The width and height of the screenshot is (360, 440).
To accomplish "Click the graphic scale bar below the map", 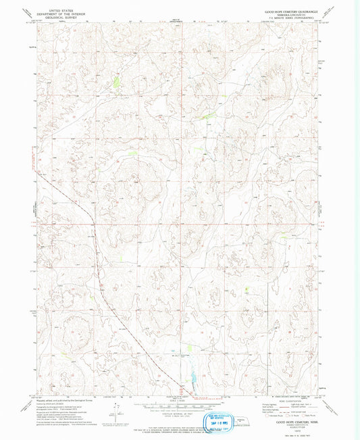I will pos(177,408).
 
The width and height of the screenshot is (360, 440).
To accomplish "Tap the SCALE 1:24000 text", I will pos(177,403).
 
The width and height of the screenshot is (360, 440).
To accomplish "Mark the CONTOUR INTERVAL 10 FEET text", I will pos(177,414).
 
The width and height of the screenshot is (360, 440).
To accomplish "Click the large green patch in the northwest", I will pos(116,83).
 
